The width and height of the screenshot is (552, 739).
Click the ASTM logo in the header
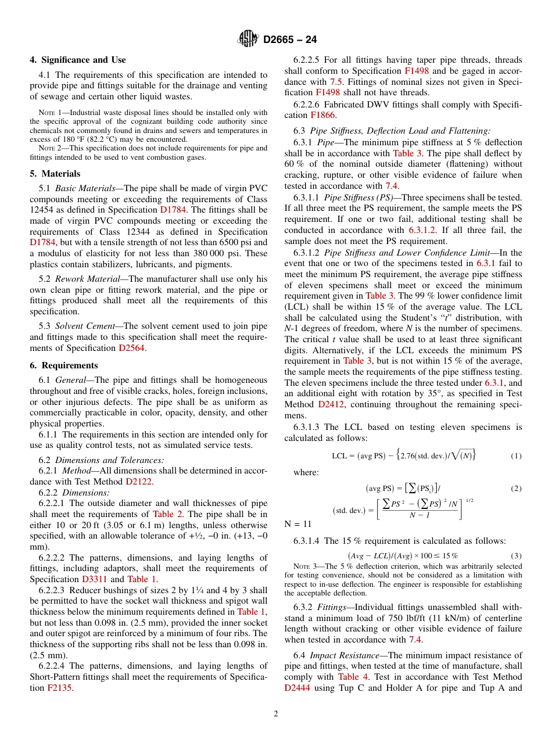pyautogui.click(x=249, y=39)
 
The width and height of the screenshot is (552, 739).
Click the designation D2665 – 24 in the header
pyautogui.click(x=290, y=40)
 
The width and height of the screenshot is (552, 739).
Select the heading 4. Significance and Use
pyautogui.click(x=78, y=60)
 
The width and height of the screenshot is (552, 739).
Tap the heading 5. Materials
pyautogui.click(x=55, y=174)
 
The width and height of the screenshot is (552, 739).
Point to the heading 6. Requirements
pyautogui.click(x=64, y=365)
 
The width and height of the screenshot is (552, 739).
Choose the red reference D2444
pyautogui.click(x=297, y=688)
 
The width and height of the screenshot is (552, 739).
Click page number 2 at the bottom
pyautogui.click(x=276, y=714)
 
